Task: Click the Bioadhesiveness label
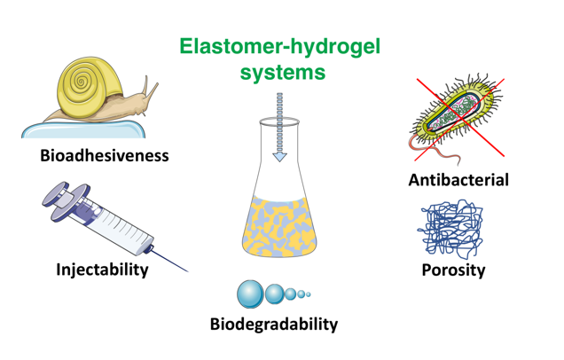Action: (105, 157)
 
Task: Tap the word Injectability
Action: (102, 269)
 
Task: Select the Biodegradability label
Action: (273, 324)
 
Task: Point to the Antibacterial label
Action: (458, 180)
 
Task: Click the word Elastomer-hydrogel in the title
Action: (279, 47)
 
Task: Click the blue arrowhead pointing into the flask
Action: (280, 156)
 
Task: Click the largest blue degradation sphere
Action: (251, 293)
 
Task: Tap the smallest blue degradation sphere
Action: (309, 293)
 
